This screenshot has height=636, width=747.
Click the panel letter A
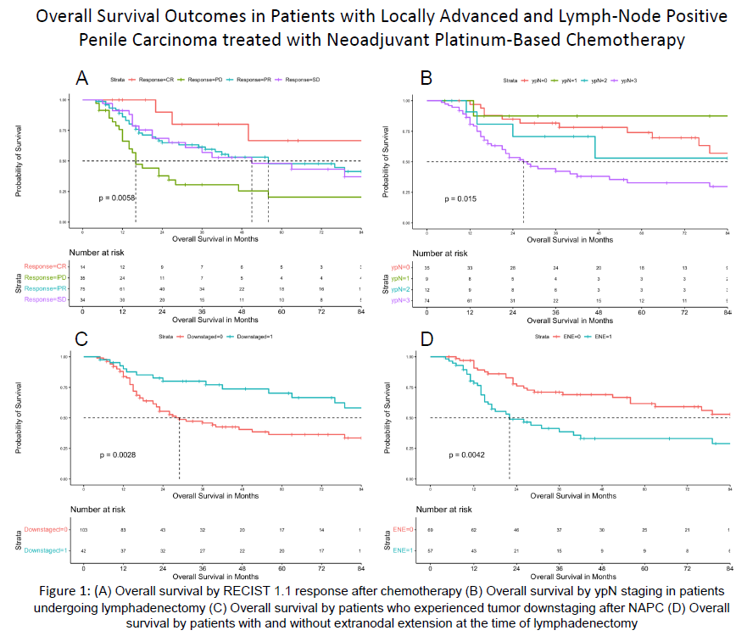tap(83, 78)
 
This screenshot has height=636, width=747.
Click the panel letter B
tap(426, 78)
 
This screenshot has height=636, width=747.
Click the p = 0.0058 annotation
tap(117, 198)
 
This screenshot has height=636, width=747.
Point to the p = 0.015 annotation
tap(461, 198)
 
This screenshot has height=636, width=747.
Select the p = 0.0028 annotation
tap(117, 455)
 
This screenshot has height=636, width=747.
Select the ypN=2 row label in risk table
tap(402, 289)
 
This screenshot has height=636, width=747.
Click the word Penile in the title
tap(102, 40)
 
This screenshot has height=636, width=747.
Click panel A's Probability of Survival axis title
tap(19, 161)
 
